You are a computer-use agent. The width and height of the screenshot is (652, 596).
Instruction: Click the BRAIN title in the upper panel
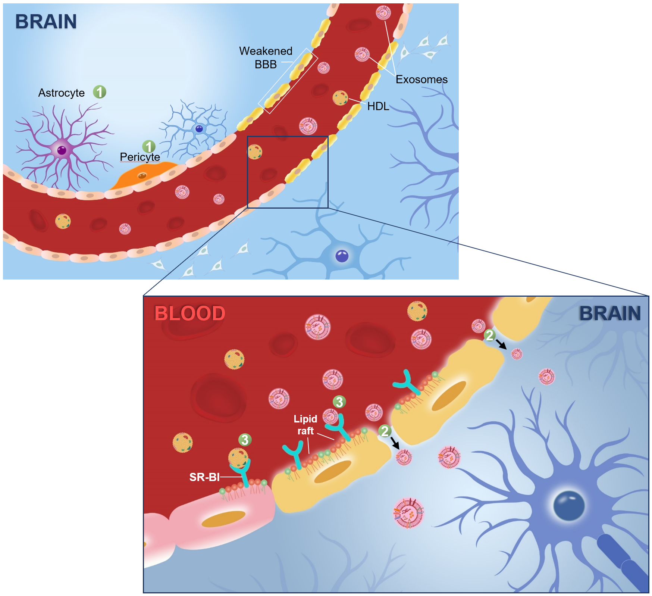(x=46, y=22)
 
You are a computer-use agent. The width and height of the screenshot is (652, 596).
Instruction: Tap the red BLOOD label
(x=190, y=313)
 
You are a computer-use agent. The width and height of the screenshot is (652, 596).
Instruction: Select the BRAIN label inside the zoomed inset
(x=610, y=313)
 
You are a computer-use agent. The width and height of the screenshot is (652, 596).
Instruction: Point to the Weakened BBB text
(x=266, y=57)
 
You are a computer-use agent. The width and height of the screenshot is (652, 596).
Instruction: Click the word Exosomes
(x=421, y=79)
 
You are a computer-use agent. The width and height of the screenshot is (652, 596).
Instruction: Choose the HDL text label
(x=378, y=106)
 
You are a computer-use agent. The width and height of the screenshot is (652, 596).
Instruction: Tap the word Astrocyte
(x=62, y=93)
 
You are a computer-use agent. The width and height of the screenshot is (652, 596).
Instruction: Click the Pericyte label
(x=140, y=157)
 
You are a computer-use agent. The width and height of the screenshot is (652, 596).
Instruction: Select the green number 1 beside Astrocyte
(x=100, y=92)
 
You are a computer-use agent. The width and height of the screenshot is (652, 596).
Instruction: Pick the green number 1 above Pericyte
(x=149, y=147)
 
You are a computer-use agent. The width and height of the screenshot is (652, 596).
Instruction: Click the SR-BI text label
(x=204, y=477)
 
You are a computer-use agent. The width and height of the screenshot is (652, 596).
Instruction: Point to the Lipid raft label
(x=305, y=425)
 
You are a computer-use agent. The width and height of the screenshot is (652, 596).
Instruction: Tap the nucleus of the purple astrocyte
(x=62, y=150)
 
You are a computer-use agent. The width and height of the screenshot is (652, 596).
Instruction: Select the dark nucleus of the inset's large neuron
(x=569, y=506)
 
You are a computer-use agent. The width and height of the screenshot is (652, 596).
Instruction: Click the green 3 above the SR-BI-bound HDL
(x=245, y=440)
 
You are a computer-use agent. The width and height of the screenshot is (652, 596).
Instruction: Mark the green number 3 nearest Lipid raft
(x=339, y=402)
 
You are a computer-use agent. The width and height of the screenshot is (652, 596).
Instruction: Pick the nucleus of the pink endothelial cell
(x=223, y=519)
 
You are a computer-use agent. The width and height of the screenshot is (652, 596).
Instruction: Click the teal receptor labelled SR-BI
(x=241, y=472)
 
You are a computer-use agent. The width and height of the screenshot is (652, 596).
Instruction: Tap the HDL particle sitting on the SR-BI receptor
(x=238, y=458)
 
